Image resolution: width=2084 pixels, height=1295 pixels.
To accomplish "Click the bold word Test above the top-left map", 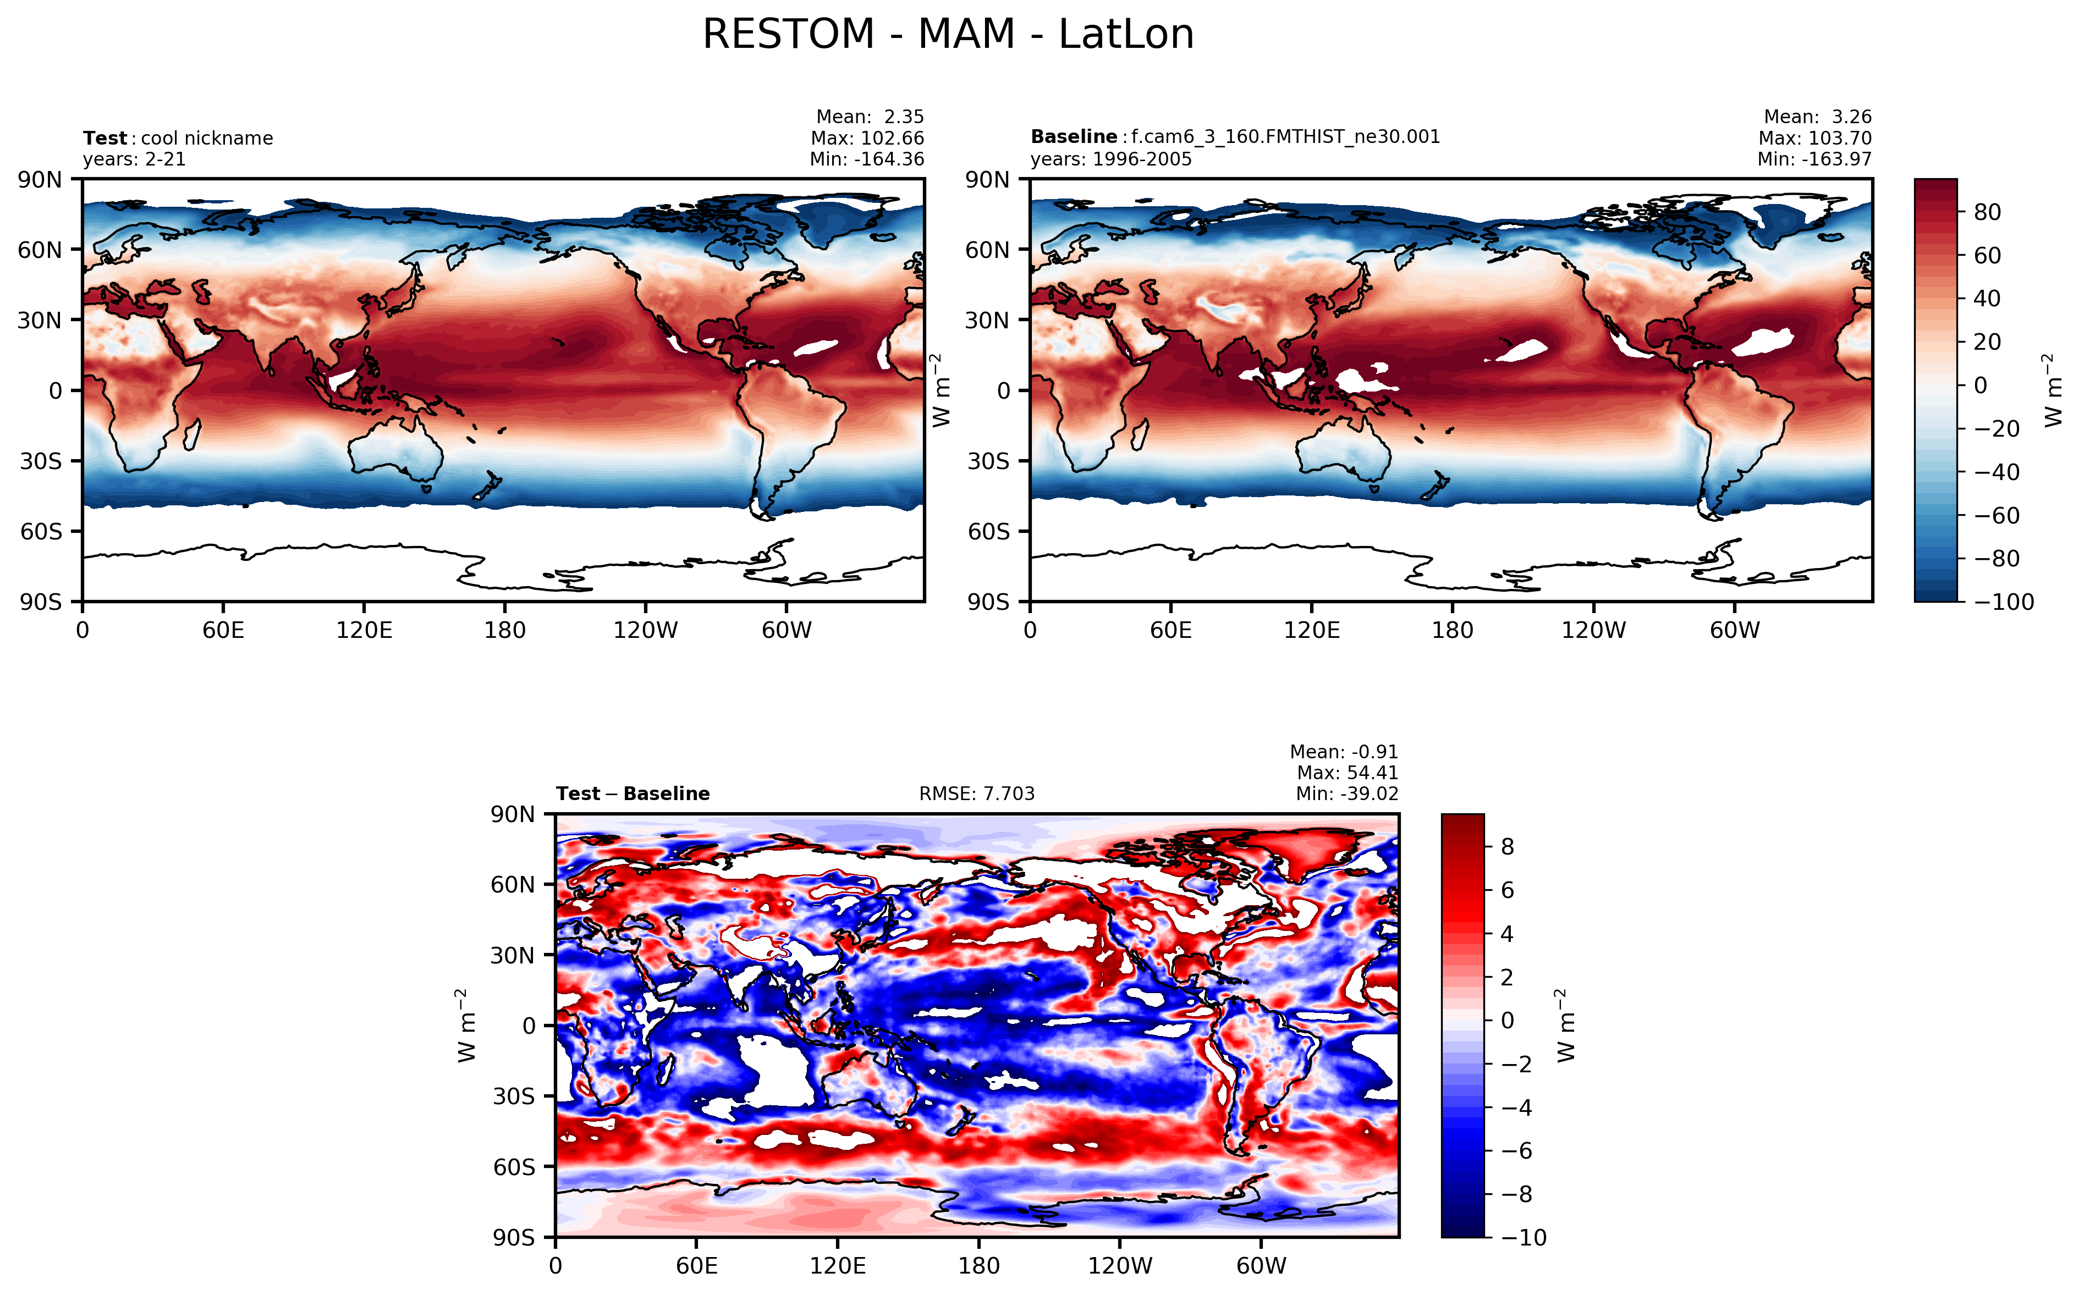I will (x=105, y=139).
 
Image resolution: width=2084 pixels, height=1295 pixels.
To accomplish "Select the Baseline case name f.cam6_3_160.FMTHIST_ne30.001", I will (x=1285, y=137).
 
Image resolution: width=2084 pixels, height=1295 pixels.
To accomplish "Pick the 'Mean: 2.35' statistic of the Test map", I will (x=870, y=117).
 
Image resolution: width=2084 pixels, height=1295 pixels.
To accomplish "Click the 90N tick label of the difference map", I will (x=512, y=814).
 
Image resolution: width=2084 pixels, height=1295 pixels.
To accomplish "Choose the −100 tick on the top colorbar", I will (x=2004, y=602).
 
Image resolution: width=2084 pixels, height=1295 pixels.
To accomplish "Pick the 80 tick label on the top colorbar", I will (x=1987, y=212).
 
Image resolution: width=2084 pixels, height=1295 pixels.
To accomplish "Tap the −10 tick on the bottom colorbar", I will (x=1524, y=1238).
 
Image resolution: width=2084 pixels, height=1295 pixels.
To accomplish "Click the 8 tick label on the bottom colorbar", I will (x=1508, y=847).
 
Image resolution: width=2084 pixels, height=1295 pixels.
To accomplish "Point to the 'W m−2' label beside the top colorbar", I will (x=2052, y=390).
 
